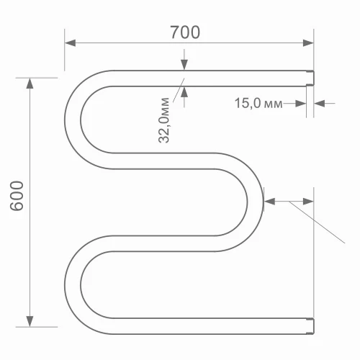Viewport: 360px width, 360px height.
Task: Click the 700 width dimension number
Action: point(185,32)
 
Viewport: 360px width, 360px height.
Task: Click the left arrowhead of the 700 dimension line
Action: point(70,42)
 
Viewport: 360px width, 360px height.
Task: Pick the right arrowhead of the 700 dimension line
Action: point(310,42)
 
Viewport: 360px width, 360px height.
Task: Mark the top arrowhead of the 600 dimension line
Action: point(30,83)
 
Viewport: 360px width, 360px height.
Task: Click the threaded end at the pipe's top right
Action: point(311,78)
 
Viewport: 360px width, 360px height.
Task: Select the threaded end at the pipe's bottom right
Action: point(311,326)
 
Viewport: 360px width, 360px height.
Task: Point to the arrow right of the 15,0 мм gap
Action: point(321,104)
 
